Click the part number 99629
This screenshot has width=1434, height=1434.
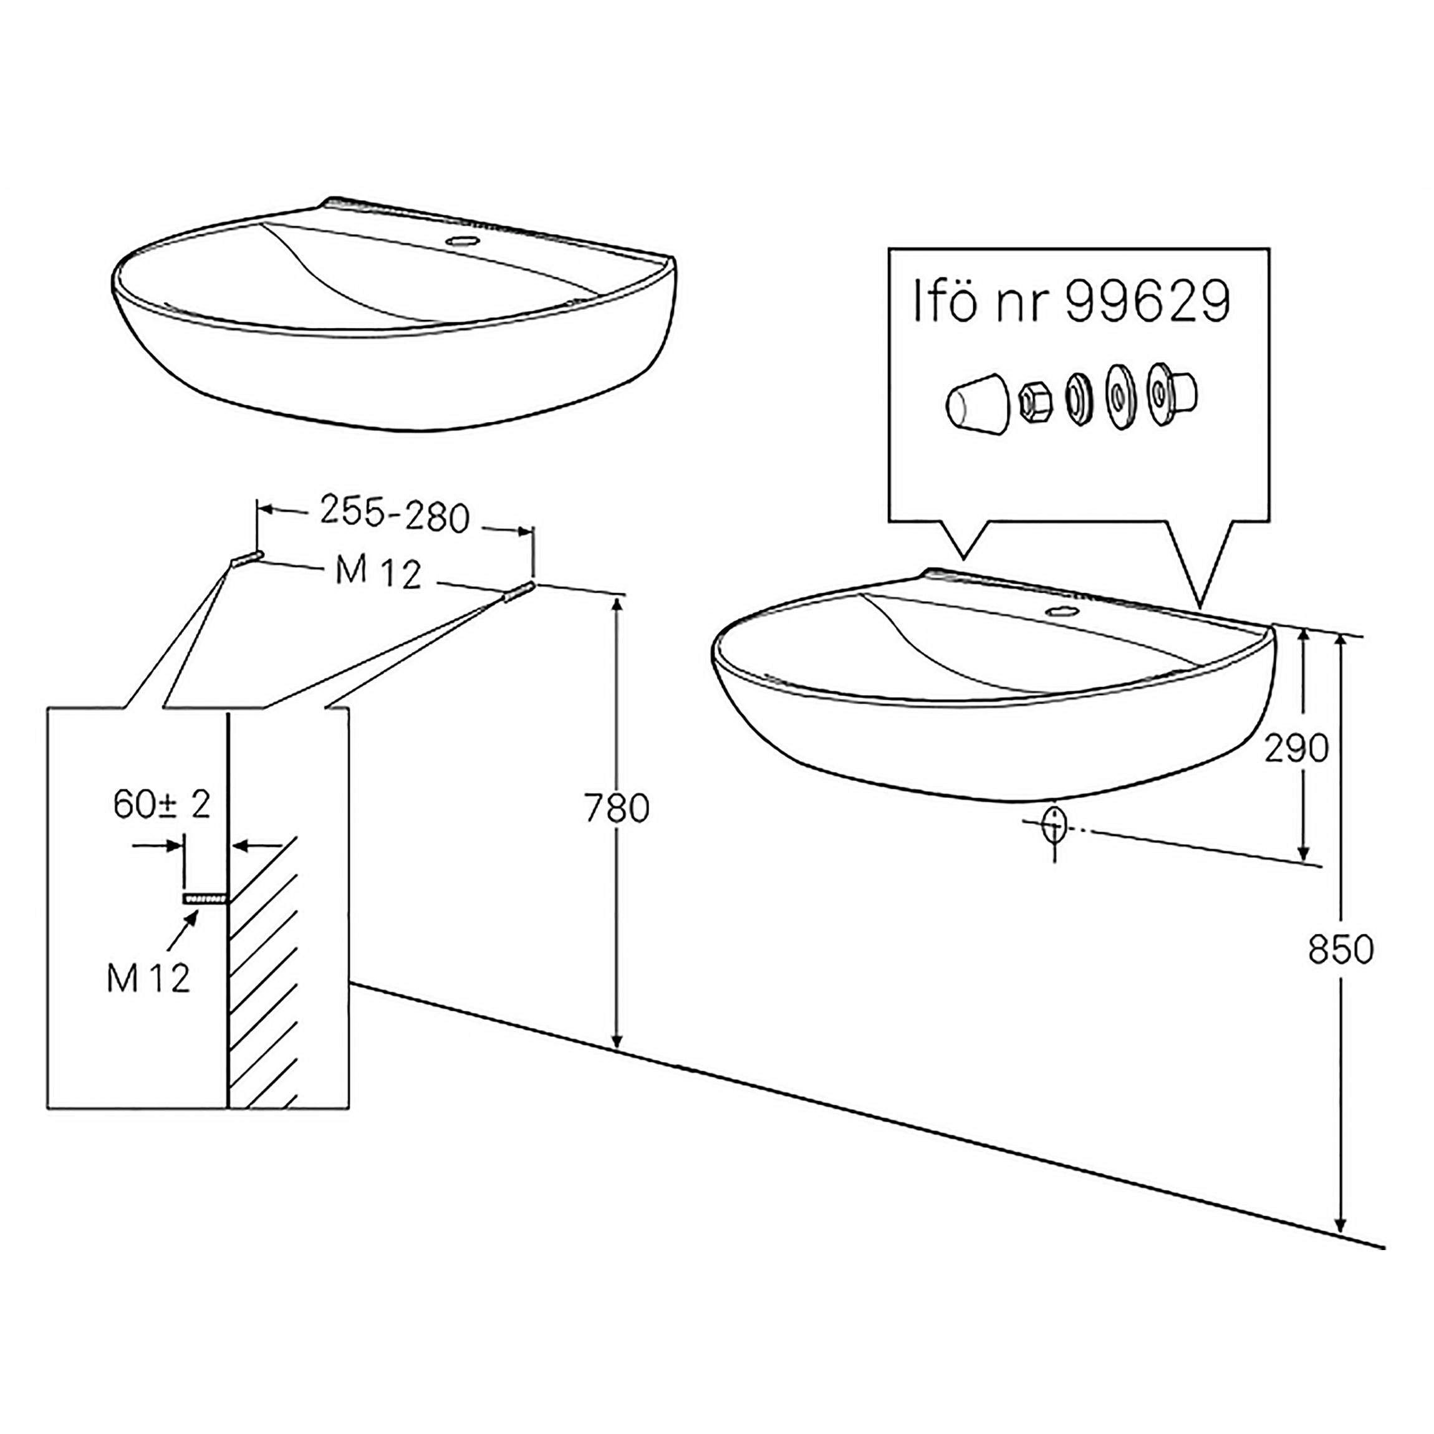[x=1147, y=301]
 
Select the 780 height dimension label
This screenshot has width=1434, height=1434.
[x=617, y=808]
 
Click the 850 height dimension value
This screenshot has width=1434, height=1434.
[x=1341, y=950]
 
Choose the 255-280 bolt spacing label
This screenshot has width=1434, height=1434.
[x=395, y=514]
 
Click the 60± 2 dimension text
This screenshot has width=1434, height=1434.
[x=163, y=804]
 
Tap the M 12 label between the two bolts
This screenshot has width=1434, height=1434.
[x=378, y=572]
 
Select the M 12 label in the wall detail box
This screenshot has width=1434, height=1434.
[x=148, y=978]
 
